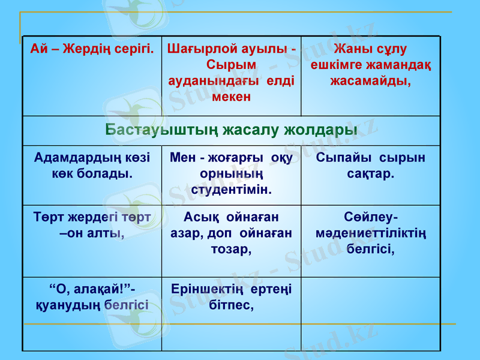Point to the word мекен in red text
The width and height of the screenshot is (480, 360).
point(231,96)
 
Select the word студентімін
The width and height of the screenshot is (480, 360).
point(231,190)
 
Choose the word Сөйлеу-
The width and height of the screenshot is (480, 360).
point(370,217)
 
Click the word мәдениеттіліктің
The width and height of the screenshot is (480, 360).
point(370,232)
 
